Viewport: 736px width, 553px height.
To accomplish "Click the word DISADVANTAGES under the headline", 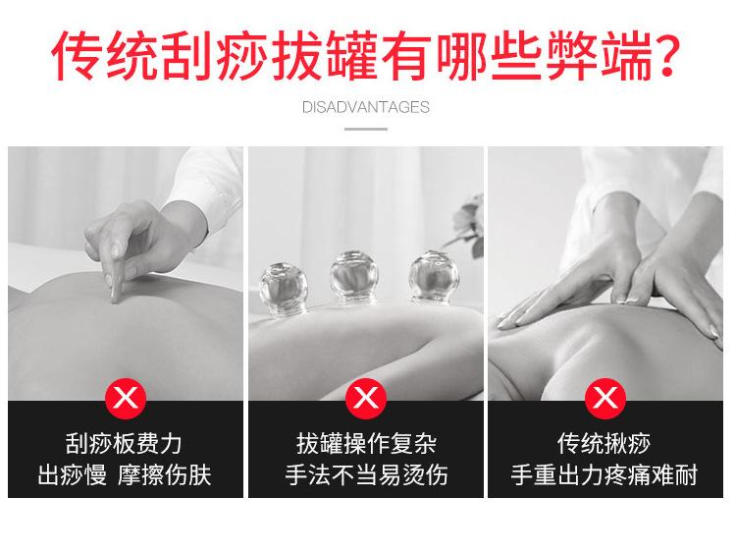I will (366, 107).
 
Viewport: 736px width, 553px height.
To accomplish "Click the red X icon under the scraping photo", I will (126, 398).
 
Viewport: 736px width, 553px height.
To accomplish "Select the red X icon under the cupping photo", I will (366, 398).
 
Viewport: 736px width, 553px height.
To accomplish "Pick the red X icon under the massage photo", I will (605, 398).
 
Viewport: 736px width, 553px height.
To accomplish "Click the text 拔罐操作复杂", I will (366, 444).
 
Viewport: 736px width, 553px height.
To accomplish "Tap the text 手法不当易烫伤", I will (366, 476).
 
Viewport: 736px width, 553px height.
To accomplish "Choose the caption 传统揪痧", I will (605, 444).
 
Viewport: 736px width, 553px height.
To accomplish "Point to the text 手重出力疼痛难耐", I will (605, 476).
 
